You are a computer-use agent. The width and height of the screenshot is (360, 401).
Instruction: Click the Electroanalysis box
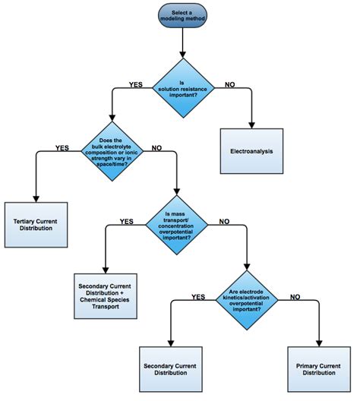[252, 150]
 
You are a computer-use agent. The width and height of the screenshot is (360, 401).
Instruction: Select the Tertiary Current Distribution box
[36, 225]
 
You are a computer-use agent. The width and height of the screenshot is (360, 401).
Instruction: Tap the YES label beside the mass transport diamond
[127, 221]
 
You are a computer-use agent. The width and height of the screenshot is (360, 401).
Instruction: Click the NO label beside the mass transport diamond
[225, 221]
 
